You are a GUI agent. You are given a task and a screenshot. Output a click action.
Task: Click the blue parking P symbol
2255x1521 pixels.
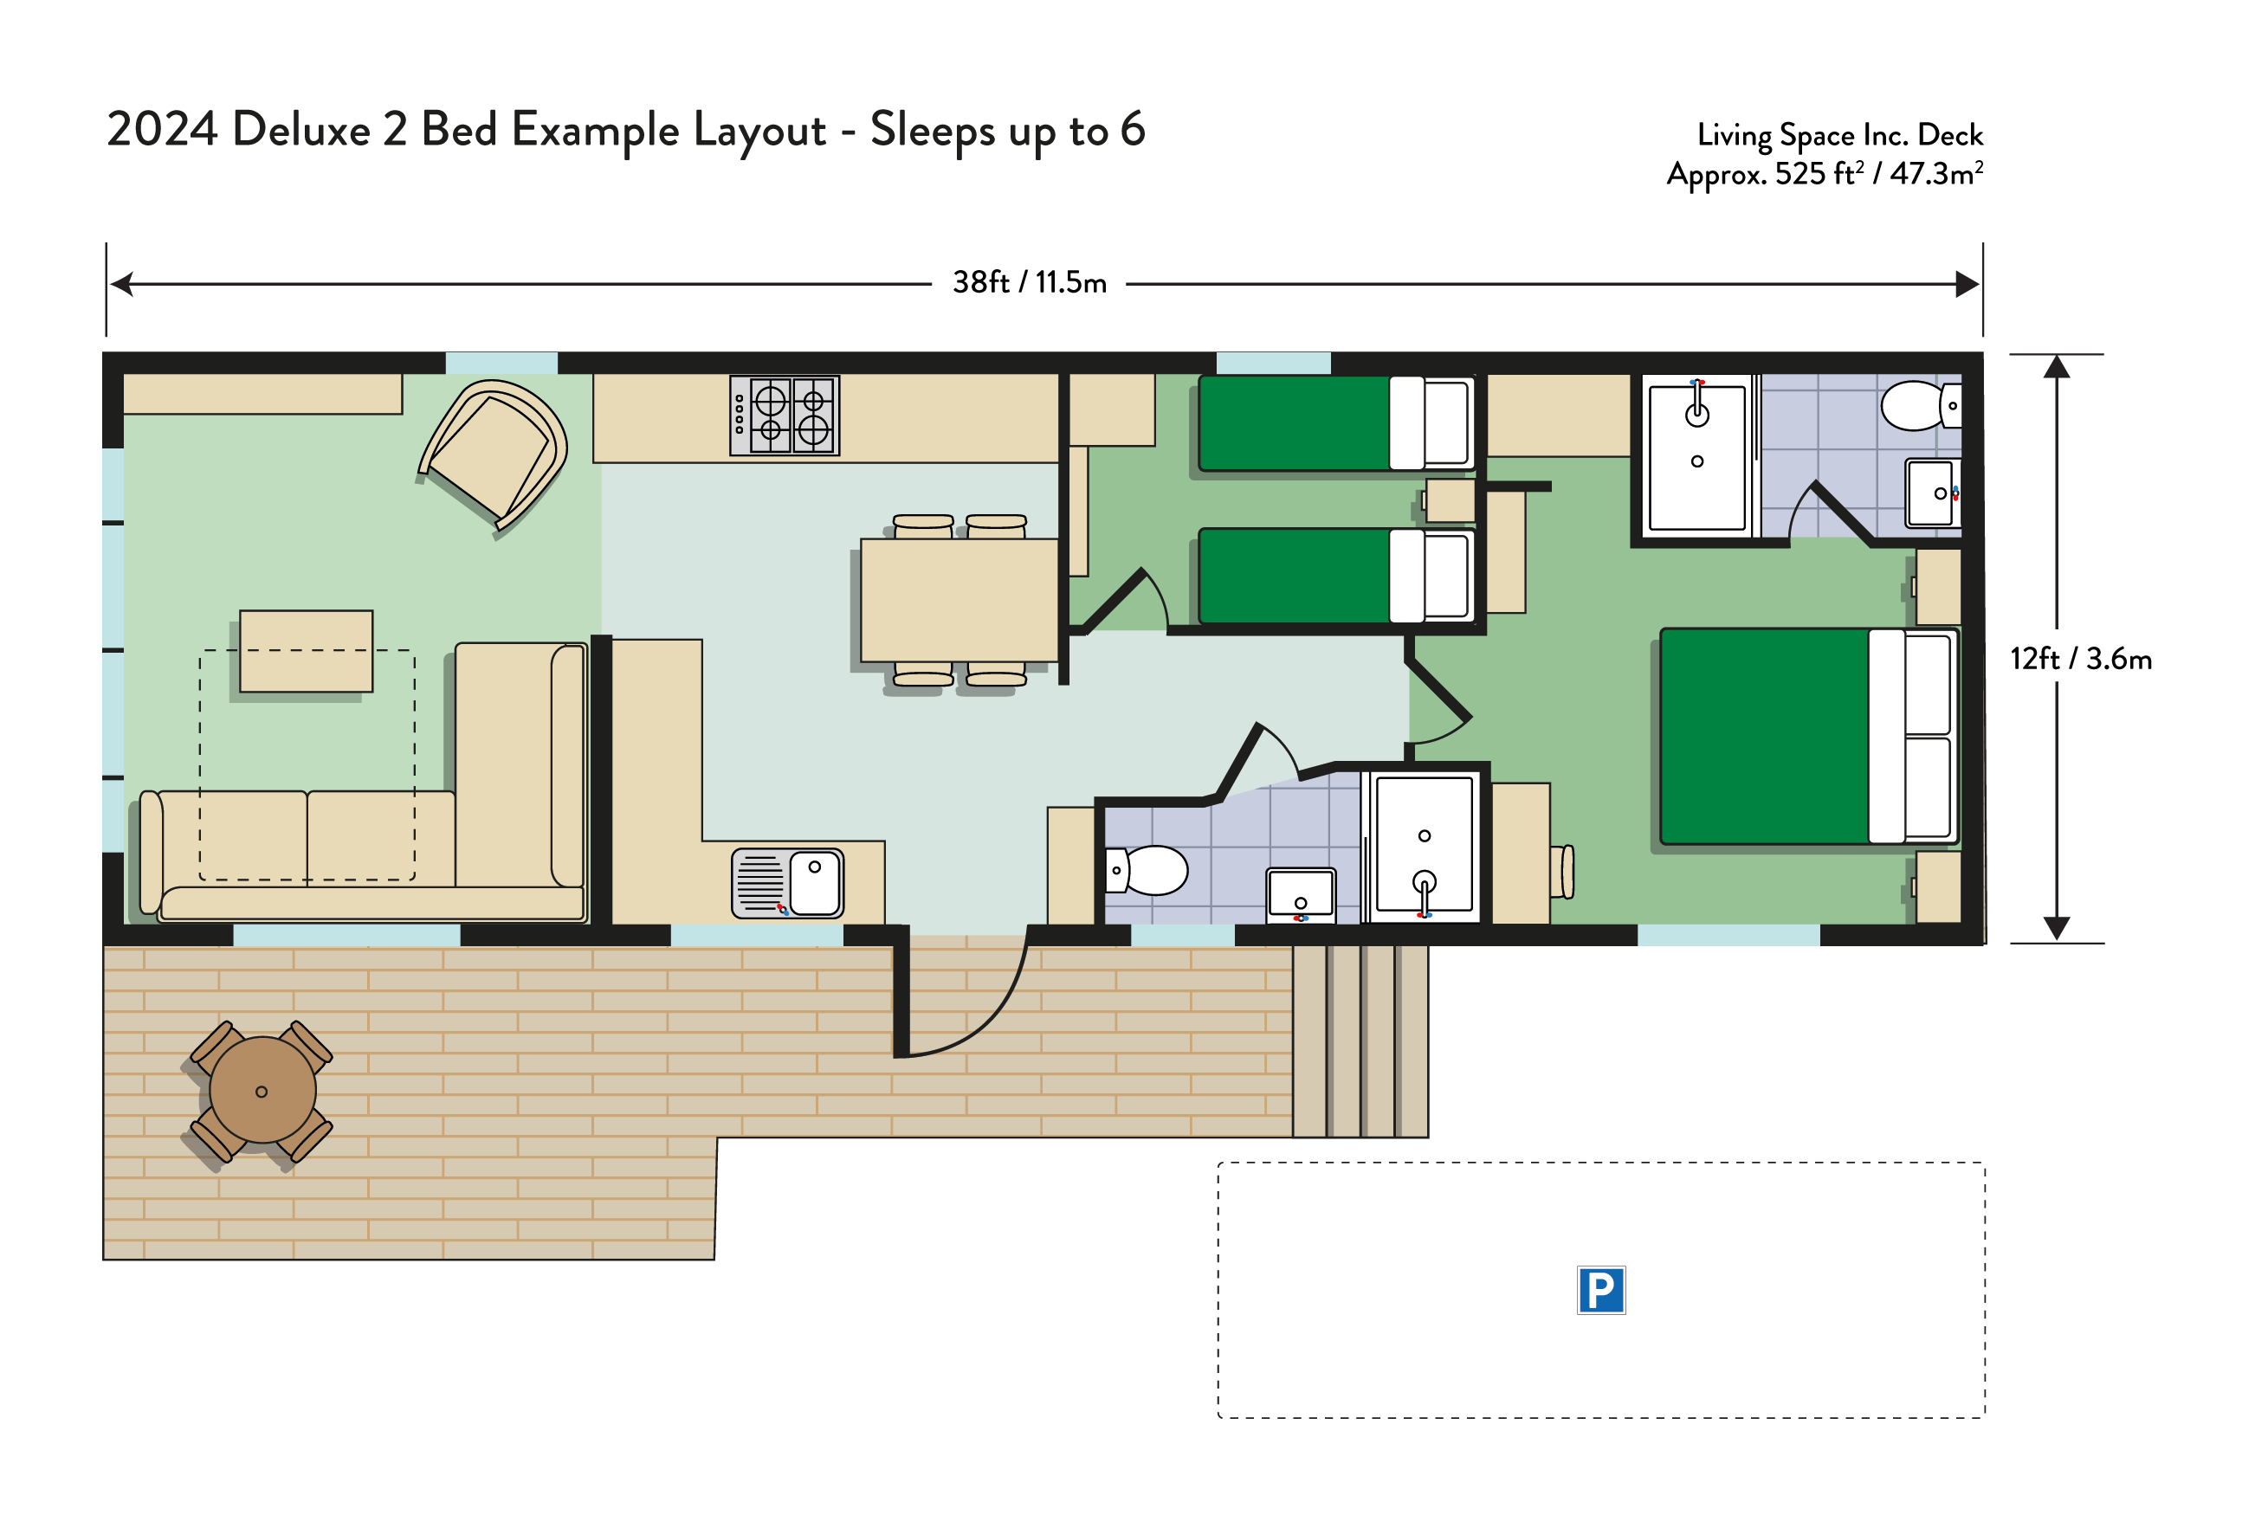pos(1601,1290)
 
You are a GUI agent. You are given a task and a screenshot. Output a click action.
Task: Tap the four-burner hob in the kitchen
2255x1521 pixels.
pos(785,416)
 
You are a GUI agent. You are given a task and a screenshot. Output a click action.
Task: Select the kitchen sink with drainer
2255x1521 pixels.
pos(788,883)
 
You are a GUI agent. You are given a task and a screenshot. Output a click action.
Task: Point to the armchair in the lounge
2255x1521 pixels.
pos(493,454)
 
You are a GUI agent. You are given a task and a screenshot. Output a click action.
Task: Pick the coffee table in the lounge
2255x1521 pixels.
pos(306,651)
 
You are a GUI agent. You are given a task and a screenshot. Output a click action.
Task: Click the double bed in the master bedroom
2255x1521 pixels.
pos(1810,736)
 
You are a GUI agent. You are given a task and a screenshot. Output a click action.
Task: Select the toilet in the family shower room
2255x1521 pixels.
pos(1147,870)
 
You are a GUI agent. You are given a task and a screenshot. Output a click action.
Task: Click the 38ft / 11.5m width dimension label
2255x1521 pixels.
pos(1030,282)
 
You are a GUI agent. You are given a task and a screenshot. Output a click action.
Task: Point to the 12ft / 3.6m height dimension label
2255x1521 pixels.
pos(2080,660)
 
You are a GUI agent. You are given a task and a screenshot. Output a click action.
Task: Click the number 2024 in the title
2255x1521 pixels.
pos(162,129)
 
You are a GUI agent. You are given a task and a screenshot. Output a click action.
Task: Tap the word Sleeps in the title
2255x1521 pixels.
pos(933,130)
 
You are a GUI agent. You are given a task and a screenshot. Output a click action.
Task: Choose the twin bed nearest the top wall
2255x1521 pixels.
pos(1337,423)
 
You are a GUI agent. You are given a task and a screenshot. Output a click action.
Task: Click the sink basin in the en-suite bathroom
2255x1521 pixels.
pos(1932,493)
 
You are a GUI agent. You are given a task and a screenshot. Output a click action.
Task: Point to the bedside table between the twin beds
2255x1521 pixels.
pos(1450,500)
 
